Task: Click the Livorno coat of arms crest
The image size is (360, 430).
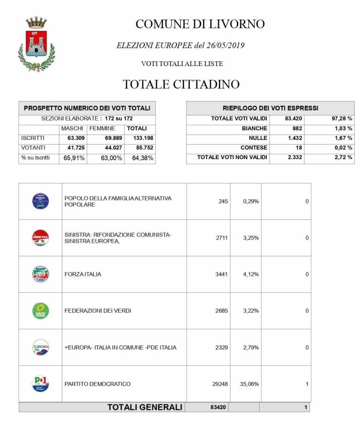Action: pyautogui.click(x=36, y=45)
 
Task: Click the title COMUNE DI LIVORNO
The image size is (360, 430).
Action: pyautogui.click(x=200, y=24)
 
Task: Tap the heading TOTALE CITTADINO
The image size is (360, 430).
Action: pyautogui.click(x=181, y=84)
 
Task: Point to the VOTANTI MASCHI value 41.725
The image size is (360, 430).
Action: pyautogui.click(x=72, y=147)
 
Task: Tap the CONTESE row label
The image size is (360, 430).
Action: pyautogui.click(x=253, y=148)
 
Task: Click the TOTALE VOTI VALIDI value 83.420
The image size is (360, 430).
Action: pyautogui.click(x=294, y=119)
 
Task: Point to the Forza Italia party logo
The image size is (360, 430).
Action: pyautogui.click(x=41, y=274)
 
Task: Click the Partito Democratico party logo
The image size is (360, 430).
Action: pyautogui.click(x=41, y=384)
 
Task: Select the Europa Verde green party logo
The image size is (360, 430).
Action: pyautogui.click(x=41, y=311)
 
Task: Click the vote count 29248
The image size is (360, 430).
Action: pyautogui.click(x=220, y=384)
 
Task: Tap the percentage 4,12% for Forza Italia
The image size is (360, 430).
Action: pyautogui.click(x=251, y=274)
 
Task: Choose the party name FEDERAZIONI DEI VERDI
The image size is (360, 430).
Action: pyautogui.click(x=98, y=311)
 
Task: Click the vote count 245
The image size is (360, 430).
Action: pyautogui.click(x=223, y=201)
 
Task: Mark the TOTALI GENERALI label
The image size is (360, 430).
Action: pyautogui.click(x=145, y=407)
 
